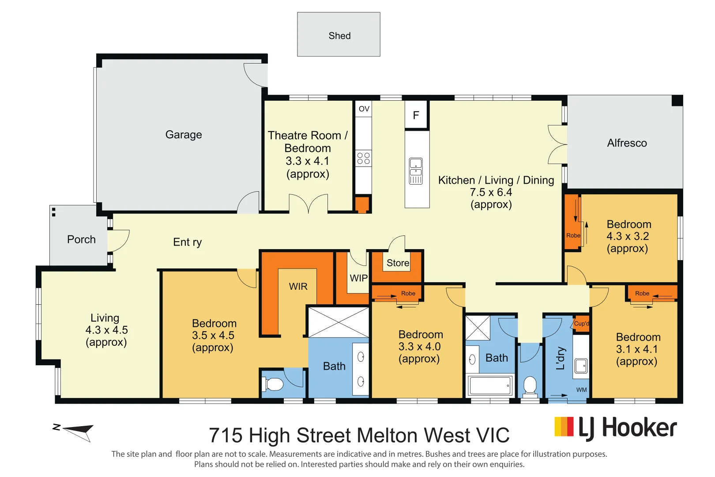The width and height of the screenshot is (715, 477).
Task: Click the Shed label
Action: (340, 35)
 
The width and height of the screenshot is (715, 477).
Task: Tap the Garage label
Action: (184, 135)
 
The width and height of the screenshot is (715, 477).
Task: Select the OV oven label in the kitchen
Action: (364, 109)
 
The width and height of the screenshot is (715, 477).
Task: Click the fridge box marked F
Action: (416, 115)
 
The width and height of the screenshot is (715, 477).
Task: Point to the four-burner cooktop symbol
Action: (364, 158)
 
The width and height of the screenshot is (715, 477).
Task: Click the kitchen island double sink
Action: (416, 171)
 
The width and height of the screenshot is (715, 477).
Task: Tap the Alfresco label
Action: (627, 143)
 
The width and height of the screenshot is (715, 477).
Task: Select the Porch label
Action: (81, 239)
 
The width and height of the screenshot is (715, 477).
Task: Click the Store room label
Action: (398, 263)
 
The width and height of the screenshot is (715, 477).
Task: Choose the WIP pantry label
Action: (359, 278)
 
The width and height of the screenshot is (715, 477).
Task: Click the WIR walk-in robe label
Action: (298, 286)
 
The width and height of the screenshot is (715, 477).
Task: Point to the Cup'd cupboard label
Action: (581, 323)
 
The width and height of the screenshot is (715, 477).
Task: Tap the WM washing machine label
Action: (581, 390)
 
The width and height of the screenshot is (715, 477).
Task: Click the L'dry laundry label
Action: (561, 358)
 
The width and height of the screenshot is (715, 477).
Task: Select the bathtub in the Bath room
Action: (490, 385)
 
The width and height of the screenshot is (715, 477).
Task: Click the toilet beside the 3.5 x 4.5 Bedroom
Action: (272, 384)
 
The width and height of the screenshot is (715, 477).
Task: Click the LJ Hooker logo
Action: (616, 428)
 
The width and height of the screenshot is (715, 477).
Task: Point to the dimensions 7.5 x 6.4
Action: (491, 192)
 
